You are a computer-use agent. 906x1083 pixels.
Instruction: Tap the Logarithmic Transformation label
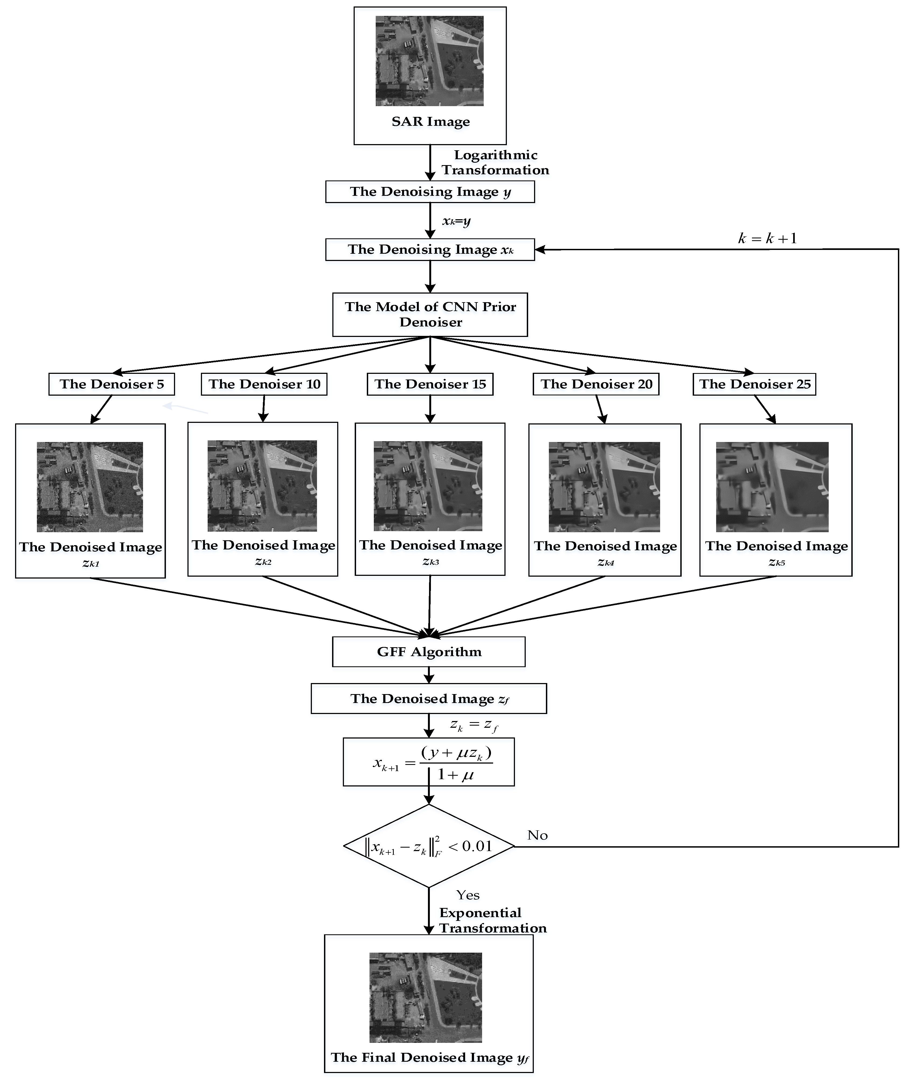(x=495, y=162)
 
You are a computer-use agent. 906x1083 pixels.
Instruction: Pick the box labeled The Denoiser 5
(x=111, y=384)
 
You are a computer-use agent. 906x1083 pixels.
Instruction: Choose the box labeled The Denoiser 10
(x=264, y=384)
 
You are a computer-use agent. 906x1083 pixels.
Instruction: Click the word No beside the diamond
(x=537, y=835)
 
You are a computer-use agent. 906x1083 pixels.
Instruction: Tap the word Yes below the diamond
(x=468, y=895)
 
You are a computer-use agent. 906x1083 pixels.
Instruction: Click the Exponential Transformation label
(x=492, y=921)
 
